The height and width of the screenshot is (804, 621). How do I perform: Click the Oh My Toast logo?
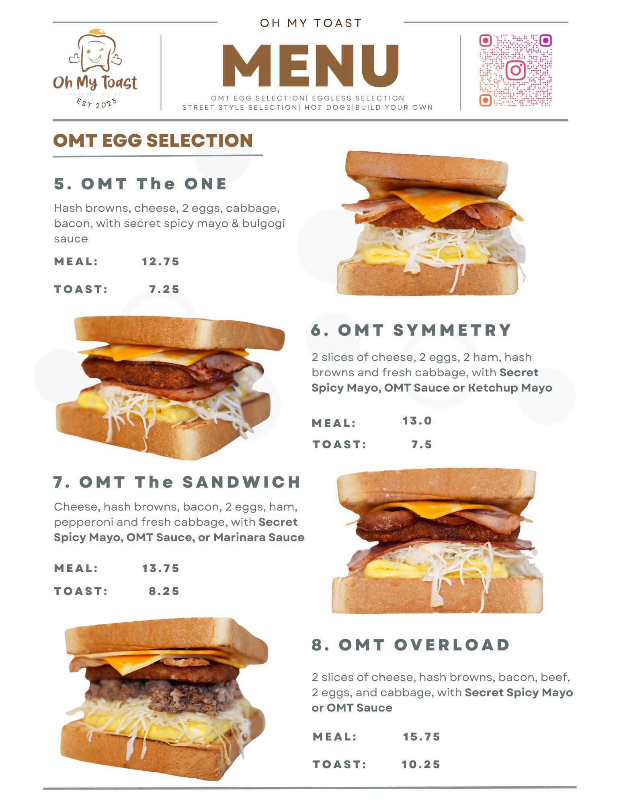tap(95, 69)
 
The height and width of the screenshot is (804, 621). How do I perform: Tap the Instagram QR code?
tap(515, 70)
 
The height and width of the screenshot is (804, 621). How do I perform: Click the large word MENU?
tap(311, 66)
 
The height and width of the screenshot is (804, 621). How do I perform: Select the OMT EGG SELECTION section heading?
tap(153, 141)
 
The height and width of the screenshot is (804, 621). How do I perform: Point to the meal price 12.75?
tap(161, 262)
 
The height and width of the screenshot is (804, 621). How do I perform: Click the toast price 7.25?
tap(164, 289)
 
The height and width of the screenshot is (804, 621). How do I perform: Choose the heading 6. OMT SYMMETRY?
tap(411, 330)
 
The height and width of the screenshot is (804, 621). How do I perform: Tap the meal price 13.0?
tap(417, 421)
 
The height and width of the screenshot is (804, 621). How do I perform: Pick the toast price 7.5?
tap(422, 445)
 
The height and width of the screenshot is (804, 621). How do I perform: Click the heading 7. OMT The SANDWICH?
tap(177, 482)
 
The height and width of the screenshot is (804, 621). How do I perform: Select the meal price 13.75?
tap(161, 568)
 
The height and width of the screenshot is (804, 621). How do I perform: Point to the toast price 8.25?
tap(164, 591)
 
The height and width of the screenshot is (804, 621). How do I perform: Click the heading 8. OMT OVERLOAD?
tap(411, 645)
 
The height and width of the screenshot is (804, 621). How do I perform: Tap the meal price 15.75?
tap(422, 737)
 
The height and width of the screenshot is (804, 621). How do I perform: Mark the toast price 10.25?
tap(421, 765)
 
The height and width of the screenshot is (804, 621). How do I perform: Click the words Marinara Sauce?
tap(259, 537)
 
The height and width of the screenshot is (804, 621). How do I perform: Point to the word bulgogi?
tap(263, 224)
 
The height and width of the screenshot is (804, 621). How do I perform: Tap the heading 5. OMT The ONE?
tap(140, 184)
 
